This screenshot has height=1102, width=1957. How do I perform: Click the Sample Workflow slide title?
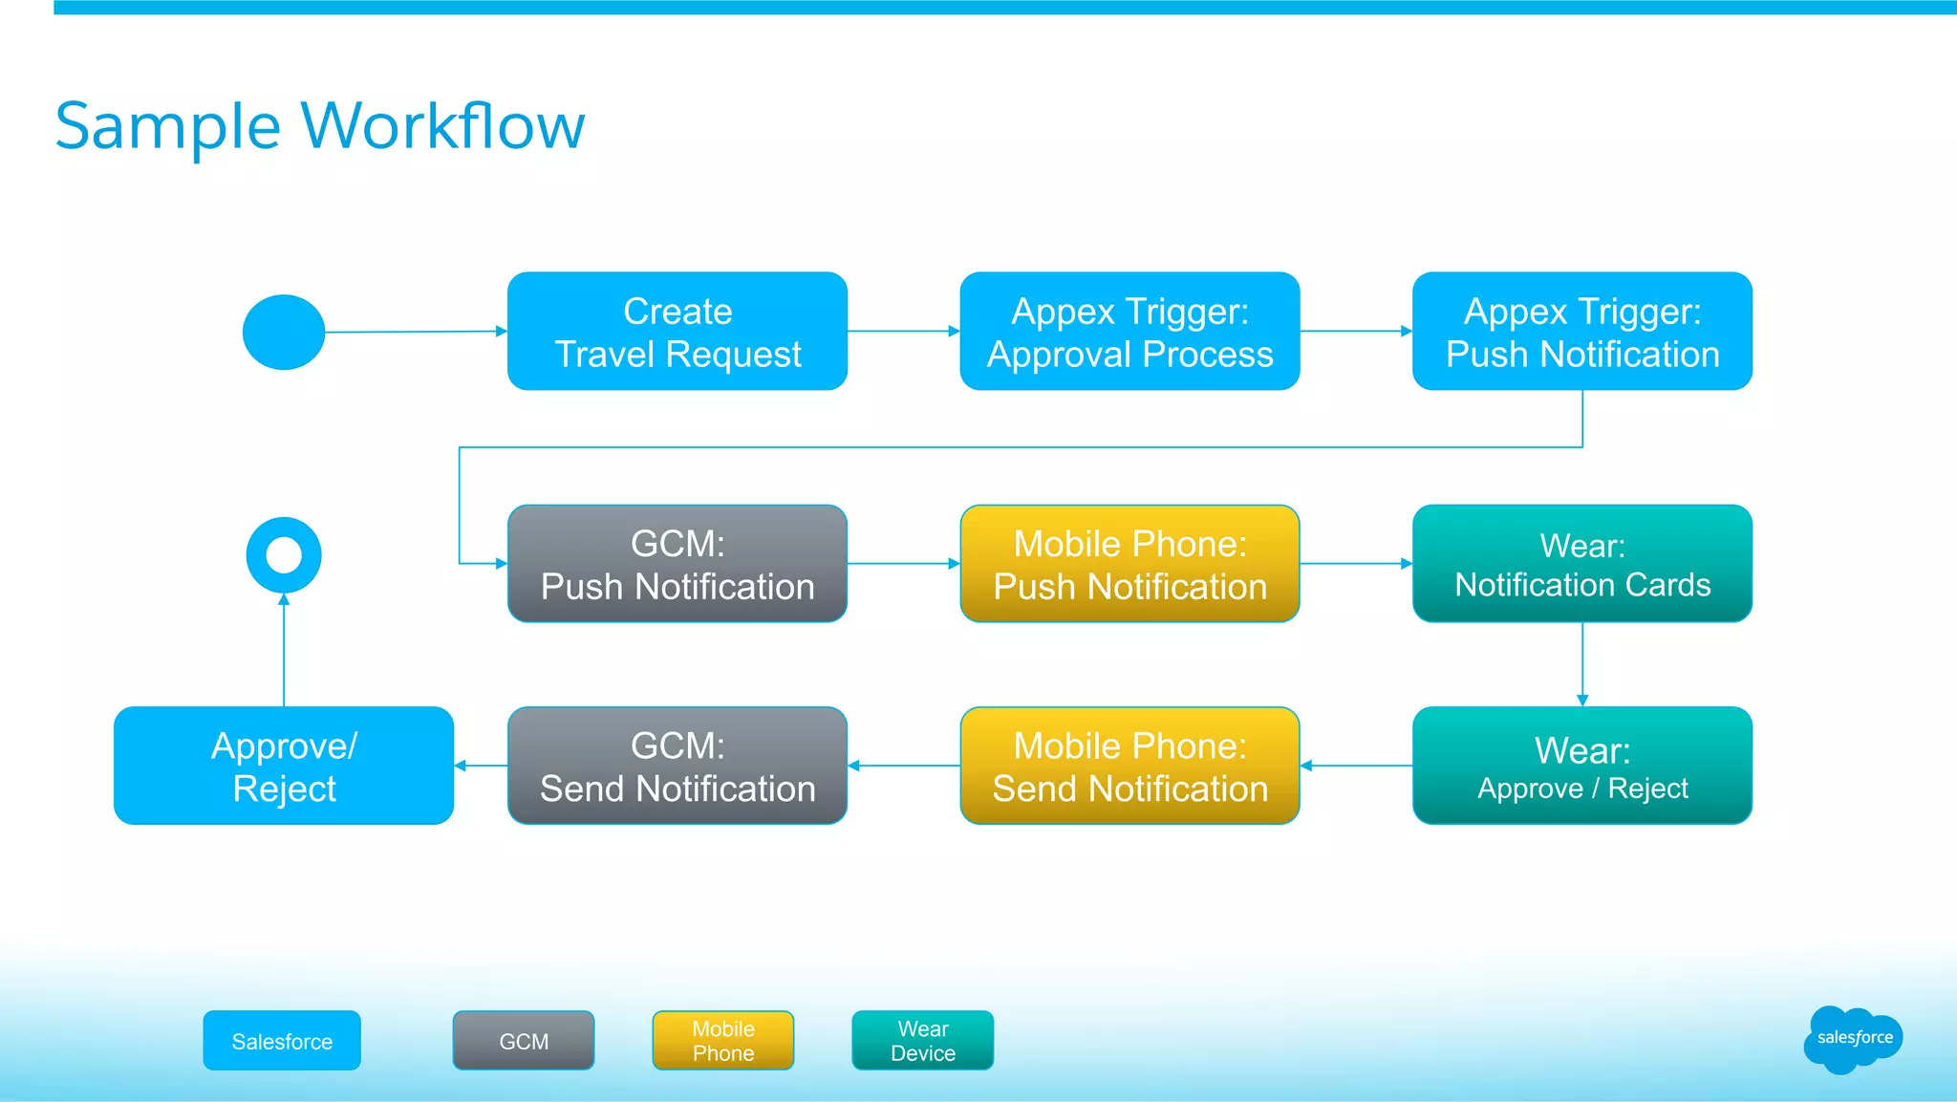[319, 126]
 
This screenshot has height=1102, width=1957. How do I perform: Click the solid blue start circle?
[284, 332]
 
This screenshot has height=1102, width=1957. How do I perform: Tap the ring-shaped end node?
[284, 555]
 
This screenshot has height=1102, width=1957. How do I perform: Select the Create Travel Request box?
[677, 332]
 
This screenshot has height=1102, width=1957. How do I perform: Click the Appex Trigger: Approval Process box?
[1129, 332]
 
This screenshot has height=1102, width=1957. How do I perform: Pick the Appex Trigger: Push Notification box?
[1582, 332]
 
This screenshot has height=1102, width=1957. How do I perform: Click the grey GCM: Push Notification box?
[677, 564]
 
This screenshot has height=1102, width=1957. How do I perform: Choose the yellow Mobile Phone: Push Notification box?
[1129, 564]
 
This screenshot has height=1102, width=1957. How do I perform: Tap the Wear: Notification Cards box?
[1582, 564]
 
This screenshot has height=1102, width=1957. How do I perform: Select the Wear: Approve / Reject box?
[1582, 766]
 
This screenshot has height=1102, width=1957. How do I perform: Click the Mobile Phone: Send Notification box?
[1129, 766]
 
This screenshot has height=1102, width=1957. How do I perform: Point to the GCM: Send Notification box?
[677, 766]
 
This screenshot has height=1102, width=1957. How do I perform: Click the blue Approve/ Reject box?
[284, 766]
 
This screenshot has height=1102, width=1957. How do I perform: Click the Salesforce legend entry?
[282, 1041]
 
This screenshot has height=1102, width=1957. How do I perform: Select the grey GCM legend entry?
[524, 1041]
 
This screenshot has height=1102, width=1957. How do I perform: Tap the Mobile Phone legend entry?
[723, 1041]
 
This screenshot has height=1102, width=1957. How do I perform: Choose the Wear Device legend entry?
[922, 1041]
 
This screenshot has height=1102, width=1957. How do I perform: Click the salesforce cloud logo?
[1853, 1039]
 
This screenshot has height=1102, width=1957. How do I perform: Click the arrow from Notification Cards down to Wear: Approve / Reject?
[1582, 664]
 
